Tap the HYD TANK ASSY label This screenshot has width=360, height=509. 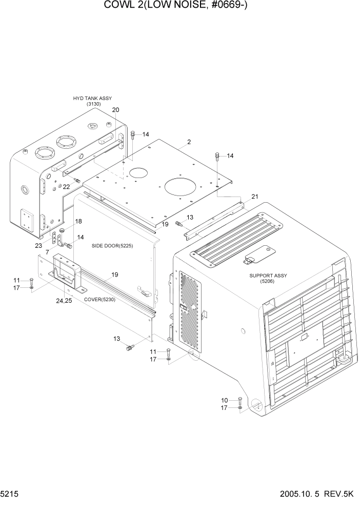(92, 98)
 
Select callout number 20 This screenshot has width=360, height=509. (115, 110)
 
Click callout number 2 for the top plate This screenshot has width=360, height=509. (189, 142)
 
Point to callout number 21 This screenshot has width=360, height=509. (255, 197)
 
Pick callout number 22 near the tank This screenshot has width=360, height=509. (66, 187)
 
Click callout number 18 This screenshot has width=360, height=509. (78, 221)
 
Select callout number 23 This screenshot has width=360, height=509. (38, 245)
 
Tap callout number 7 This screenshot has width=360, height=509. (47, 252)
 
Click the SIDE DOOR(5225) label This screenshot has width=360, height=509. (112, 246)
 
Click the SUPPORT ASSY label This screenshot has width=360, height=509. (268, 276)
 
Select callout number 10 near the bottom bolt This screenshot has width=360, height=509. (224, 400)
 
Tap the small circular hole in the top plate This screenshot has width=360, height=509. (137, 173)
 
